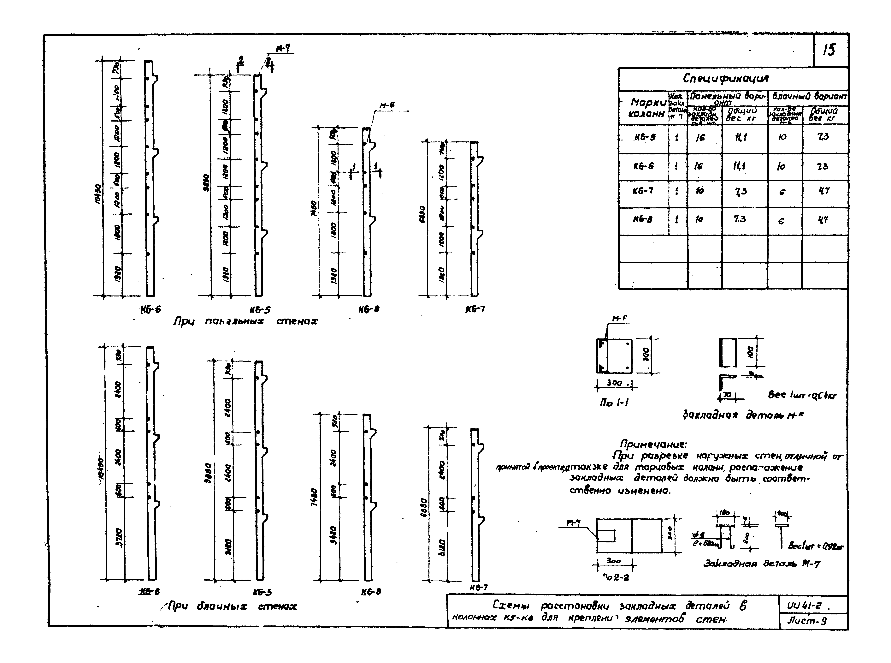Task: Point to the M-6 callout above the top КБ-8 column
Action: click(387, 105)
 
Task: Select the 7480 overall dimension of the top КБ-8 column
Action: click(314, 209)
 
